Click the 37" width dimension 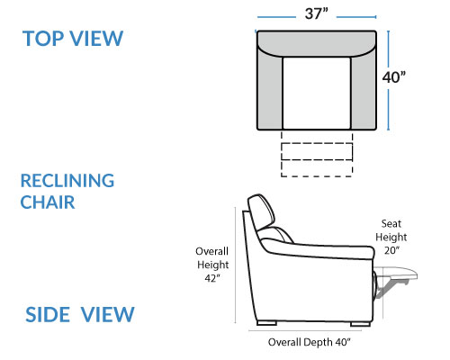click(x=317, y=13)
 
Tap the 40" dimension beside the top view click(x=393, y=77)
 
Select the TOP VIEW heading click(x=73, y=39)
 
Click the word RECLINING click(x=67, y=181)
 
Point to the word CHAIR click(x=48, y=202)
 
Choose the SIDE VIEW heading click(x=80, y=314)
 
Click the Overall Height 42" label click(x=212, y=265)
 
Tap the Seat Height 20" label click(x=391, y=237)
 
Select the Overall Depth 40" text click(x=310, y=342)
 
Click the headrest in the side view click(x=262, y=211)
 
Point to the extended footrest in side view click(x=396, y=273)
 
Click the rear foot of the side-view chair click(x=266, y=323)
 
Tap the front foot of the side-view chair click(x=360, y=324)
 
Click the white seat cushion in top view click(x=317, y=93)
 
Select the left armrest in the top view click(x=270, y=90)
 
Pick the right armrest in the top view click(x=364, y=90)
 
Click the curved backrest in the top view click(x=317, y=43)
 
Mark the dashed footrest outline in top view click(x=317, y=154)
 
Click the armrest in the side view click(x=318, y=248)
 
